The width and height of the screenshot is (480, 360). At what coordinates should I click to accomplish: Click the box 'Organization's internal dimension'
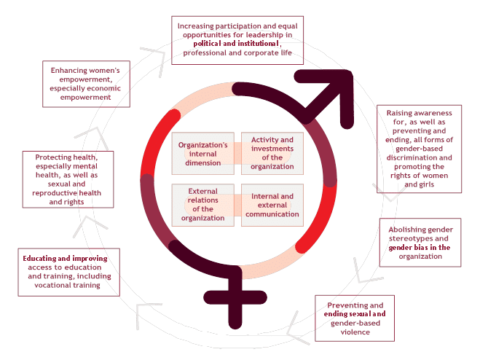pos(203,153)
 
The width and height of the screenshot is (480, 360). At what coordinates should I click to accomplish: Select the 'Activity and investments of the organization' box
pos(272,153)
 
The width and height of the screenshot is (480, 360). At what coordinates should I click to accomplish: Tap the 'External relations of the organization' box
pos(203,206)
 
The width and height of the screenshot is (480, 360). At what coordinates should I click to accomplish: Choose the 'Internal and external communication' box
pos(272,206)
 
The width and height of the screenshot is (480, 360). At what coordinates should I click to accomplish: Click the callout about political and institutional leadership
pos(237,39)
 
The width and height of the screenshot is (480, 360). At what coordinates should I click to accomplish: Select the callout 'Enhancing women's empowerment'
pos(86,83)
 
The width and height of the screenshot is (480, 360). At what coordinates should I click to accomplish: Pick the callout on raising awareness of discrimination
pos(419,150)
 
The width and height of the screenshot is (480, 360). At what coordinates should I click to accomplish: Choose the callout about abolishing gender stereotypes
pos(419,243)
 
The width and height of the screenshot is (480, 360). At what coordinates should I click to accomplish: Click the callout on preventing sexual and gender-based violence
pos(355,318)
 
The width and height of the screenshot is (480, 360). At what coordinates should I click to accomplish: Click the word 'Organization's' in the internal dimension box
pos(203,144)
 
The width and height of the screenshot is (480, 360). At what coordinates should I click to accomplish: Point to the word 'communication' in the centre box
pos(272,214)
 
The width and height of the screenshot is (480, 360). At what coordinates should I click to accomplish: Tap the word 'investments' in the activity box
pos(272,157)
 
